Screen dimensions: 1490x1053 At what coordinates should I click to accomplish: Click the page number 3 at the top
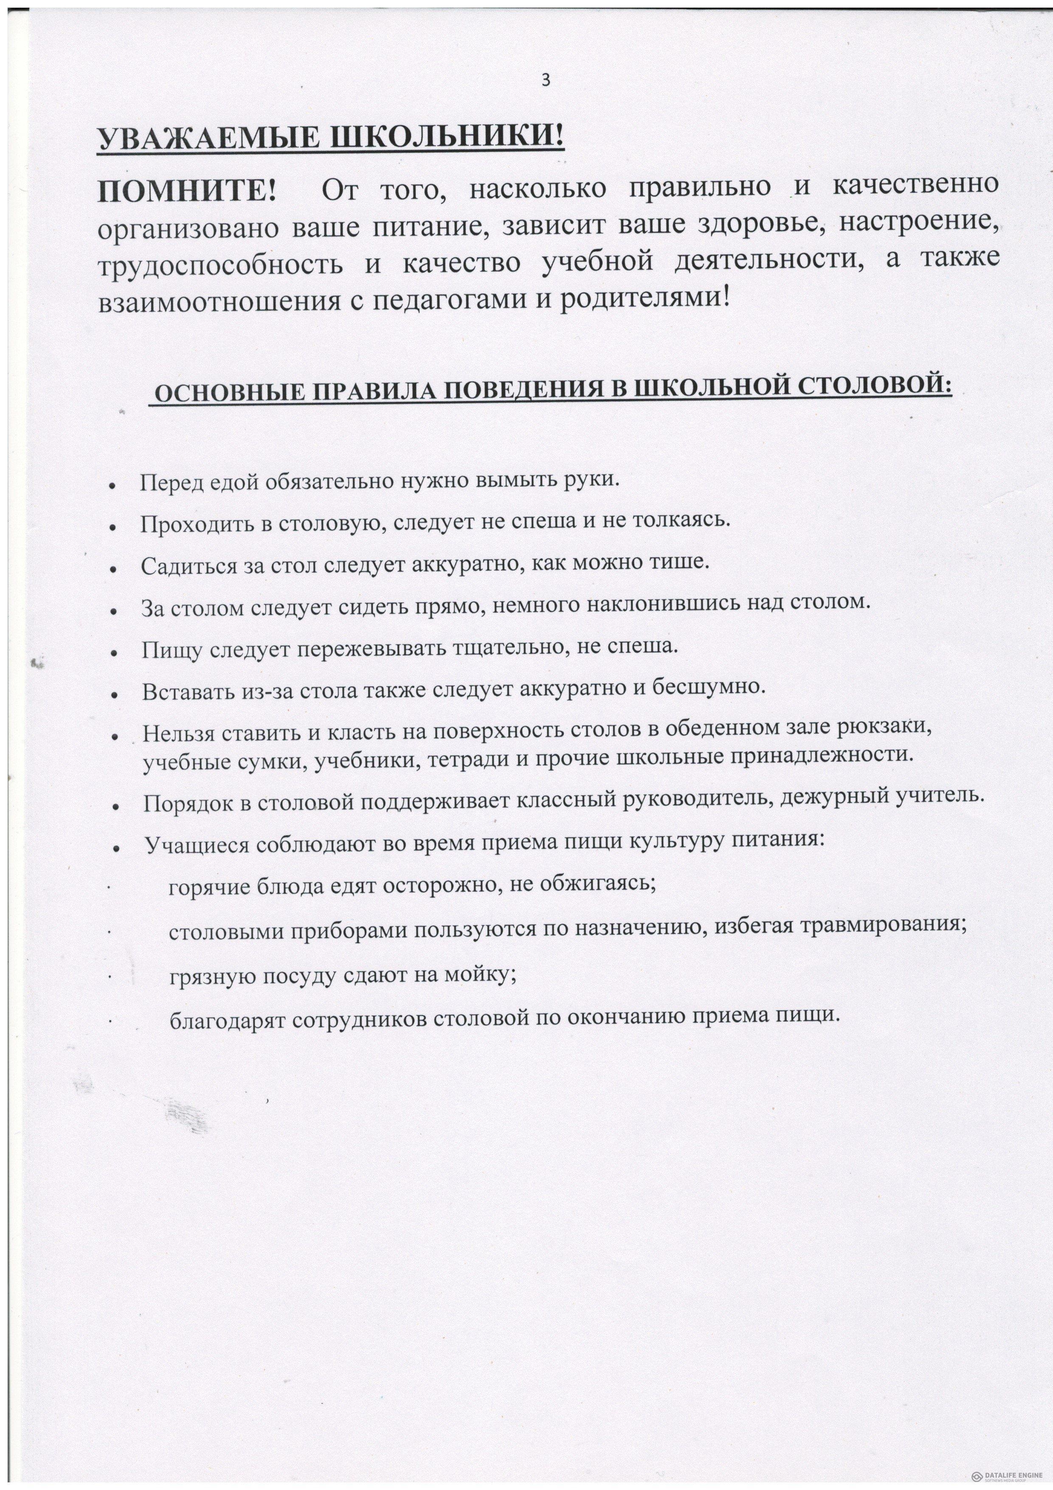click(x=546, y=80)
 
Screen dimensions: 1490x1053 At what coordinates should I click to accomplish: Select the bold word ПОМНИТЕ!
click(x=187, y=191)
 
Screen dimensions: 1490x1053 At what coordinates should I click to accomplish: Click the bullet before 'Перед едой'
click(x=113, y=486)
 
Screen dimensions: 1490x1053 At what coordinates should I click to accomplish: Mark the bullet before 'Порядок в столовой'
click(x=115, y=808)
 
